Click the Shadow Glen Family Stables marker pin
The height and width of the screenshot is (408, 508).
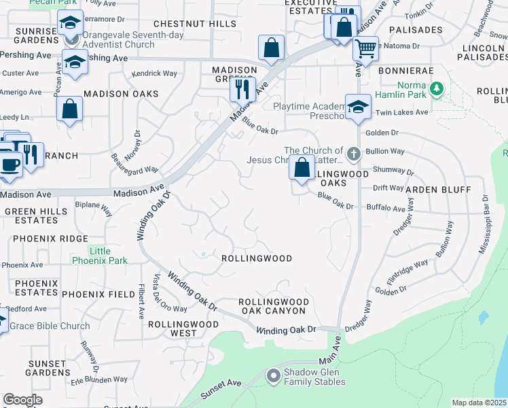coord(273,375)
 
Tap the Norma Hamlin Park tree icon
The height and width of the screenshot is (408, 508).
coord(437,88)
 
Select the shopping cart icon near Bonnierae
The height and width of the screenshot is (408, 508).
coord(365,48)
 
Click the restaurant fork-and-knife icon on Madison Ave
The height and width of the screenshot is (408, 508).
coord(242,88)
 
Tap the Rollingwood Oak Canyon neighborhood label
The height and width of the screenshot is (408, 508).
coord(274,306)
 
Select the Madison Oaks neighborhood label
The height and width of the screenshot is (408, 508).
coord(121,94)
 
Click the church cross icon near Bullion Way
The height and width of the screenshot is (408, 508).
coord(352,154)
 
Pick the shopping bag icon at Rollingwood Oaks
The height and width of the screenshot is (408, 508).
coord(302,167)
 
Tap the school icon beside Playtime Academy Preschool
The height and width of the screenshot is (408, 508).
coord(358,106)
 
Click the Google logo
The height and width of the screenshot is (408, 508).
coord(22,400)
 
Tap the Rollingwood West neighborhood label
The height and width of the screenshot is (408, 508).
coord(174,328)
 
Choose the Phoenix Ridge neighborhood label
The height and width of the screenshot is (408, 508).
coord(50,239)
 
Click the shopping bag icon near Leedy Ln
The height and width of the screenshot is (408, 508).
coord(69,109)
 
